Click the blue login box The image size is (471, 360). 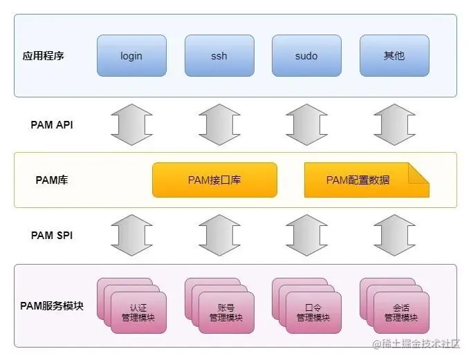coord(131,55)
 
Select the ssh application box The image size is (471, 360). coord(219,55)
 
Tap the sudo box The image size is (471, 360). coord(306,55)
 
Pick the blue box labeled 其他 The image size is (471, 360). coord(394,55)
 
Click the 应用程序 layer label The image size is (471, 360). coord(44,55)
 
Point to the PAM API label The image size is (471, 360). coord(52,125)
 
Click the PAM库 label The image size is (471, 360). coord(52,180)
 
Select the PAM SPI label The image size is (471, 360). coord(52,235)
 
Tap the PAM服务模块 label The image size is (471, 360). coord(52,305)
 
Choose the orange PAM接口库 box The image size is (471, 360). coord(214,180)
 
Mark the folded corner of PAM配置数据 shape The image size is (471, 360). coord(419,172)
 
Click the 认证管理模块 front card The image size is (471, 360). coord(138,313)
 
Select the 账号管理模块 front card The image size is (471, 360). coord(226,313)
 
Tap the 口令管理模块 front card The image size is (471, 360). coord(313,313)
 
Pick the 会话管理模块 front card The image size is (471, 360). coord(401,313)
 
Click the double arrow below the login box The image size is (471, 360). coord(131,125)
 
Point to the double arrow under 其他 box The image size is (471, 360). coord(394,125)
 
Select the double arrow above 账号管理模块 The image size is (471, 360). coord(219,235)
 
